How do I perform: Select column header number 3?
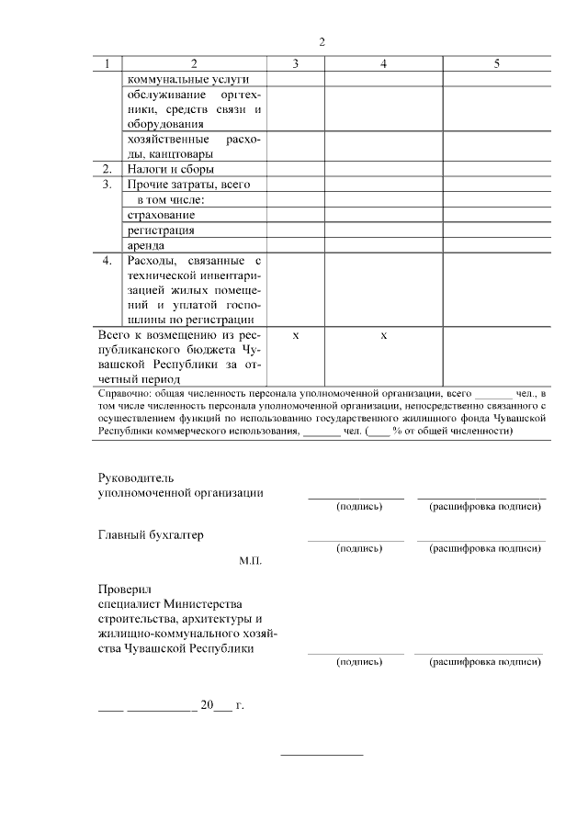coord(295,64)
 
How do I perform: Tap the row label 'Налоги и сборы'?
coord(170,169)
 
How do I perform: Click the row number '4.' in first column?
coord(107,261)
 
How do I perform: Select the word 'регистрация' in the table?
coord(161,230)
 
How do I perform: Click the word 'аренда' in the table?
coord(146,246)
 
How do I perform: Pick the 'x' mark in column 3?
coord(295,336)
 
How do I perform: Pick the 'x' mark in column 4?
coord(383,336)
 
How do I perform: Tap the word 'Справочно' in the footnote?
coord(125,392)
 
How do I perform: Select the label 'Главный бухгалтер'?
coord(151,534)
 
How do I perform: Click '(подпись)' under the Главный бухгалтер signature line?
coord(359,548)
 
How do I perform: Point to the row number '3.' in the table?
coord(107,185)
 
